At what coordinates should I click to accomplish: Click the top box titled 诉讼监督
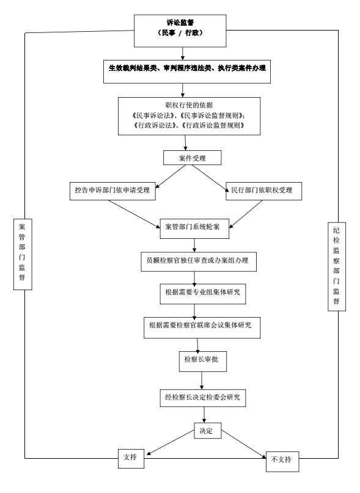(180, 31)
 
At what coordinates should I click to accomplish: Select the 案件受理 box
(193, 158)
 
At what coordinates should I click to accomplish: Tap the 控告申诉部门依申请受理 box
(112, 191)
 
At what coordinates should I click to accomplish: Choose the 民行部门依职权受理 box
(263, 191)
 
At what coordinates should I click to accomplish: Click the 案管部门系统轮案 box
(194, 228)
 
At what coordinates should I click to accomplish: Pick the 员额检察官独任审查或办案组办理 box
(199, 261)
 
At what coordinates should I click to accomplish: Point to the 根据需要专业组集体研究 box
(203, 294)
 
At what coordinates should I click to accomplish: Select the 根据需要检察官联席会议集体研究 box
(202, 327)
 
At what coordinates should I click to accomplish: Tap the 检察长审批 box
(203, 362)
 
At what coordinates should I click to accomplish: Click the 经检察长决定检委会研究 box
(203, 398)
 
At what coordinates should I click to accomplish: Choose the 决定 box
(208, 431)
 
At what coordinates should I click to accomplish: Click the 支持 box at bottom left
(131, 458)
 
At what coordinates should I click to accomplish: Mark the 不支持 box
(282, 462)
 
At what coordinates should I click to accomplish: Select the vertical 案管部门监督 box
(23, 254)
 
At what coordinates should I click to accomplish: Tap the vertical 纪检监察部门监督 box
(337, 266)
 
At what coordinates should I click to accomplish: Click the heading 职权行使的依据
(189, 105)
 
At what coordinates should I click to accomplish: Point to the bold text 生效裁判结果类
(133, 68)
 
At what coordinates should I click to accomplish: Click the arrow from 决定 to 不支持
(244, 444)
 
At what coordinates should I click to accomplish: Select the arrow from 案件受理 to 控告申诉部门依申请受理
(171, 177)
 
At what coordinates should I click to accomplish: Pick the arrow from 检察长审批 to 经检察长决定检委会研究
(202, 381)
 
